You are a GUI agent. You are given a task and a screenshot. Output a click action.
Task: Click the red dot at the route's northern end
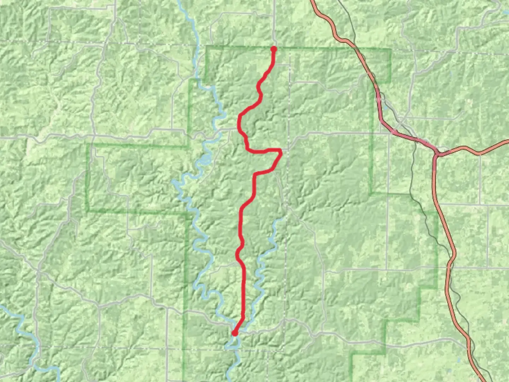click(273, 49)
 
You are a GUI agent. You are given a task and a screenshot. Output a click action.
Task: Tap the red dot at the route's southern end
click(234, 333)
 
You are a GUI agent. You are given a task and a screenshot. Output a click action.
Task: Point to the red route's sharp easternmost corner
click(281, 152)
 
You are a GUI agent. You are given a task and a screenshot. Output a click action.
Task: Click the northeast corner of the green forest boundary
click(391, 49)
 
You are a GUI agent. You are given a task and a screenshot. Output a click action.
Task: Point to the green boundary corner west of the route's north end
click(206, 47)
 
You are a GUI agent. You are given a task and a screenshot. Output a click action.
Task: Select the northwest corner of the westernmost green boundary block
click(88, 144)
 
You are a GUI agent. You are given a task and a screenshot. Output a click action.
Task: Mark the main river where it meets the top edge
click(180, 1)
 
